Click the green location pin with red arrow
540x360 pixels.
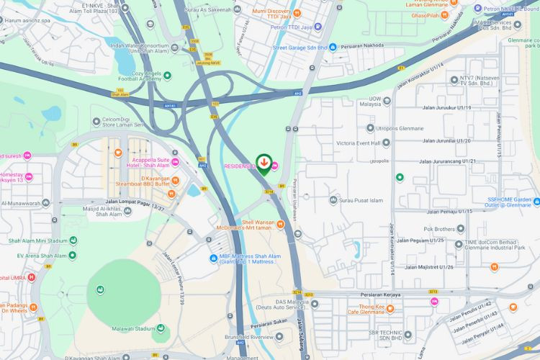click(264, 163)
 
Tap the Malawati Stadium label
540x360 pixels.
click(135, 329)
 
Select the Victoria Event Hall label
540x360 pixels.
click(363, 143)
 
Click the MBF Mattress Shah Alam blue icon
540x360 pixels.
click(213, 259)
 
